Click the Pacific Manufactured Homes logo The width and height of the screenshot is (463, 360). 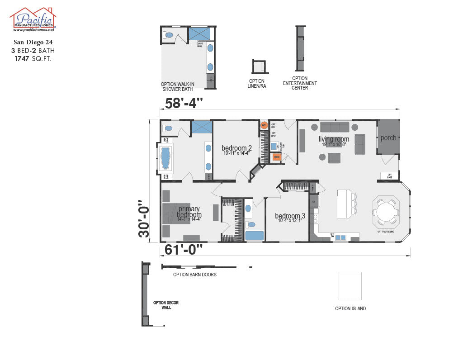tap(33, 19)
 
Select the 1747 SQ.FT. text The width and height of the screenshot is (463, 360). tap(33, 58)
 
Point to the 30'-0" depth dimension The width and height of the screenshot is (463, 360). tap(143, 219)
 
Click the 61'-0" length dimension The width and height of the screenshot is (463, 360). tap(184, 249)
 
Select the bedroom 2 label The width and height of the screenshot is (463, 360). tap(236, 148)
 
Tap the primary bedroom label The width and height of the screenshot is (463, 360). tap(189, 212)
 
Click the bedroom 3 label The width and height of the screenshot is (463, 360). tap(290, 216)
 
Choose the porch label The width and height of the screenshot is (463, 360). tap(388, 138)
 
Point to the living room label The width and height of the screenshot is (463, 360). tap(334, 139)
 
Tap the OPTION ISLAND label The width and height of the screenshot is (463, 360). tap(350, 308)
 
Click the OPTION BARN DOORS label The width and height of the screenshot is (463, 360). tap(194, 275)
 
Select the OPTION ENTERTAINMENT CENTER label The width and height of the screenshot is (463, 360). tap(300, 83)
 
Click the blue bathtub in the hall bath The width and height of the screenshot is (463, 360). tap(255, 236)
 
